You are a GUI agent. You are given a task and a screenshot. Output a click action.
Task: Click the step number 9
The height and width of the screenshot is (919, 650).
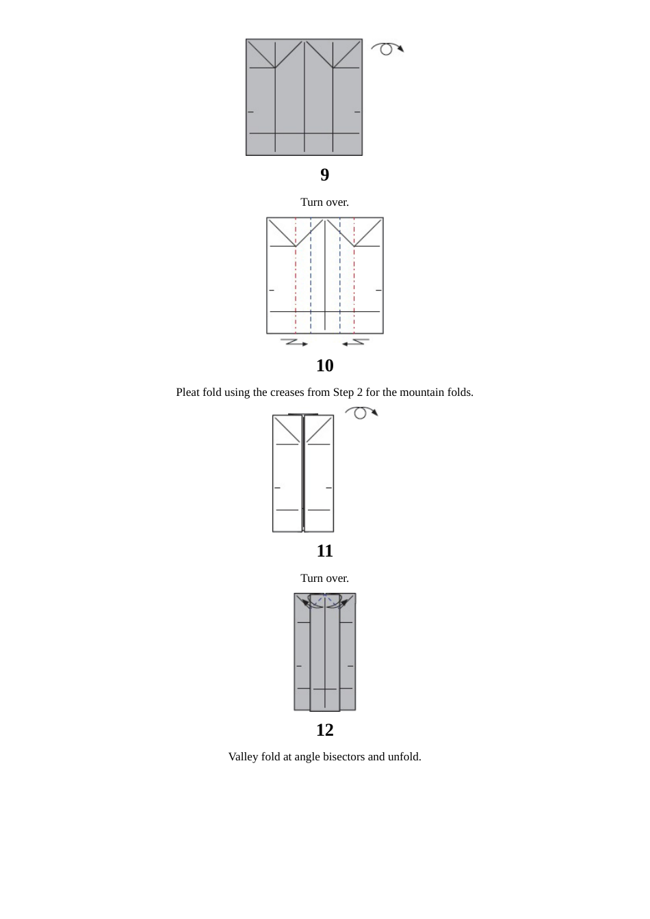[324, 175]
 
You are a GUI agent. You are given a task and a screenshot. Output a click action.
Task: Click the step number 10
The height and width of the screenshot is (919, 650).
[324, 366]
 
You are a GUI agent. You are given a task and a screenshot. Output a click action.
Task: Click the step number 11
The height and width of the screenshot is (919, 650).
[324, 551]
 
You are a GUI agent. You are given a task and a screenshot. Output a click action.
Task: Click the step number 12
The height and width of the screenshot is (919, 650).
[324, 730]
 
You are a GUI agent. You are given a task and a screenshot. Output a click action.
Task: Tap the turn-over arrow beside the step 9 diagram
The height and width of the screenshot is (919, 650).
[387, 49]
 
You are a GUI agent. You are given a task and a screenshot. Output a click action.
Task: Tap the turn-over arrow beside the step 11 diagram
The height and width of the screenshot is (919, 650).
[361, 412]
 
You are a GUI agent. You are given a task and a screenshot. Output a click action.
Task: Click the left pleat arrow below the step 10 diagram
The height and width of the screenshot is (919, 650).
[294, 342]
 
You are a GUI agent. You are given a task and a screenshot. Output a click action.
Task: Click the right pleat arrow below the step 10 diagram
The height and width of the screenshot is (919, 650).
[356, 342]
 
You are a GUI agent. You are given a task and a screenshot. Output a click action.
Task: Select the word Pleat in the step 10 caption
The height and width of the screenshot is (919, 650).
[187, 392]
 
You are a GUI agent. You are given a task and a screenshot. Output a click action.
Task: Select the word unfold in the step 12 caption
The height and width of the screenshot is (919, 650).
[404, 757]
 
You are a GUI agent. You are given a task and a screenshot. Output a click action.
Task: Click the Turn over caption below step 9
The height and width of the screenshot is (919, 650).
[324, 202]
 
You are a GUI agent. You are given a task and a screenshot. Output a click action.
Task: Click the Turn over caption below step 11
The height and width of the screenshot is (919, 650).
[324, 578]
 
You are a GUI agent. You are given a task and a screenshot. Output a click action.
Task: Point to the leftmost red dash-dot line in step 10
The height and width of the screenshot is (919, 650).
[296, 287]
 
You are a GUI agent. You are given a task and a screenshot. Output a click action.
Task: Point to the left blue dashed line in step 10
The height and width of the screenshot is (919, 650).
[311, 287]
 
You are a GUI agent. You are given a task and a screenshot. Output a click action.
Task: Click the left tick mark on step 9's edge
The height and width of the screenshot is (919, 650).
[250, 111]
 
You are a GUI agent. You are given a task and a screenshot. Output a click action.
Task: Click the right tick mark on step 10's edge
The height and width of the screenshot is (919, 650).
[378, 291]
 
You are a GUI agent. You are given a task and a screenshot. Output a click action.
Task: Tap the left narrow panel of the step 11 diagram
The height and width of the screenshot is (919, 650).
[287, 479]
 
